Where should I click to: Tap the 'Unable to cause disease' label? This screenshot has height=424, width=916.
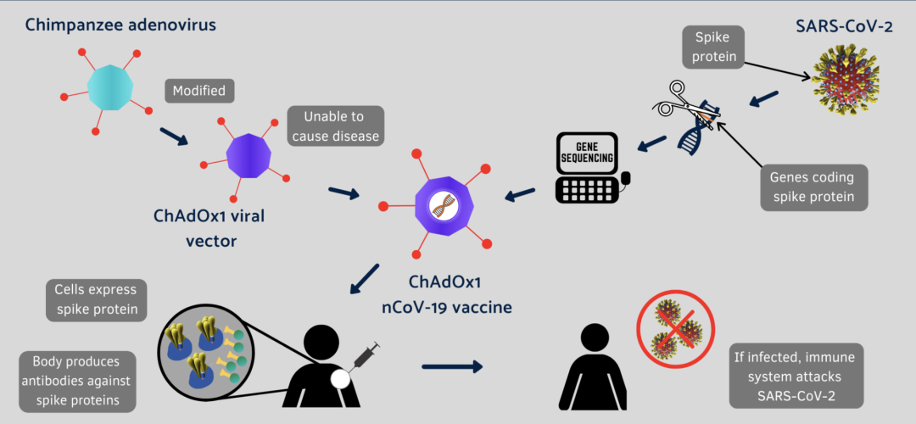click(335, 125)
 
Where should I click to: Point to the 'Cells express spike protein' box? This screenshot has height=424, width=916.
click(92, 299)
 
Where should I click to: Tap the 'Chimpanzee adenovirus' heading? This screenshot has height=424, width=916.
click(120, 25)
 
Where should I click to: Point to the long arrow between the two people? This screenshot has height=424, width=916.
click(452, 367)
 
